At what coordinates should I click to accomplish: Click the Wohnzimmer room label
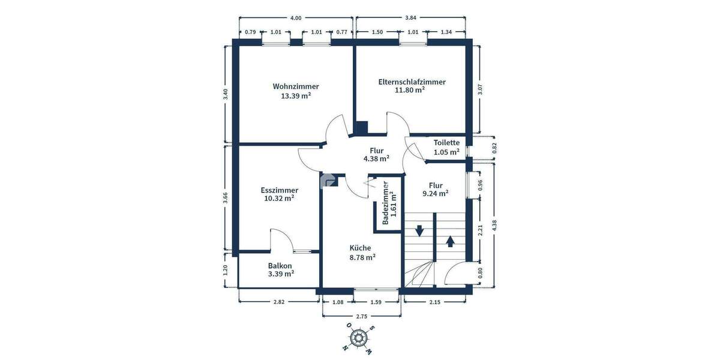click(x=295, y=86)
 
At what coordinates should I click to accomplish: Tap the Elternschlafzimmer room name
click(x=412, y=82)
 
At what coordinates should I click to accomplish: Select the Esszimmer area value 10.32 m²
click(x=278, y=198)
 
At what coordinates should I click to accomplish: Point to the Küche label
click(x=360, y=248)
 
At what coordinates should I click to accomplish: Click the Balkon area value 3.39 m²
click(x=280, y=274)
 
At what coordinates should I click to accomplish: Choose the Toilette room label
click(x=446, y=143)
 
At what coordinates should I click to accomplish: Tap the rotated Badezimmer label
click(x=386, y=203)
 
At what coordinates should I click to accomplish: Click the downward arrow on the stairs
click(x=419, y=230)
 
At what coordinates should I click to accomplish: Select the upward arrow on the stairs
click(x=450, y=241)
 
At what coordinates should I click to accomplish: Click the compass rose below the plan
click(x=359, y=337)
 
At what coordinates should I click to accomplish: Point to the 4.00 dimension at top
click(x=296, y=18)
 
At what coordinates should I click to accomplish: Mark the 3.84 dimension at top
click(x=411, y=18)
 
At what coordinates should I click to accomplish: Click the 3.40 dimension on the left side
click(x=225, y=94)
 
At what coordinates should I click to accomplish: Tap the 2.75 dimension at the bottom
click(x=361, y=315)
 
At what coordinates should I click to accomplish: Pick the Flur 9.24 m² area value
click(x=436, y=194)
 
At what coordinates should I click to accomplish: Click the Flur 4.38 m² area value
click(x=376, y=159)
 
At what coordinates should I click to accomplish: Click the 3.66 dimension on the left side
click(x=225, y=197)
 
